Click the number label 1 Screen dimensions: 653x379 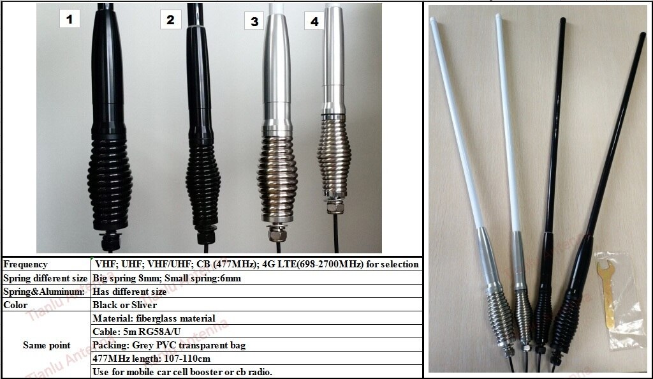pyautogui.click(x=70, y=19)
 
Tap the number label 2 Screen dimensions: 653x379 pyautogui.click(x=170, y=20)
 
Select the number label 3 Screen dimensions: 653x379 pyautogui.click(x=254, y=22)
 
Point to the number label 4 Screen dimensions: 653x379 pyautogui.click(x=314, y=22)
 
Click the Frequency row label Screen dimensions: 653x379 pyautogui.click(x=26, y=264)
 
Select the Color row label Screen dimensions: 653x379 pyautogui.click(x=15, y=305)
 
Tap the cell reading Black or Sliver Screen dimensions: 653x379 pyautogui.click(x=125, y=305)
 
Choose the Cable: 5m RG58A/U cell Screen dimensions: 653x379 pyautogui.click(x=136, y=332)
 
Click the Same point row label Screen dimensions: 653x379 pyautogui.click(x=47, y=345)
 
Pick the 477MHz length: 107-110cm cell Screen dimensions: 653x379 pyautogui.click(x=151, y=359)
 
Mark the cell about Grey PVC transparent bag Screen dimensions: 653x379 pyautogui.click(x=169, y=345)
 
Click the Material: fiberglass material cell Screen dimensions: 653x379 pyautogui.click(x=154, y=318)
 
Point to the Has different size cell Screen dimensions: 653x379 pyautogui.click(x=129, y=292)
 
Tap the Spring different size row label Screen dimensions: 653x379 pyautogui.click(x=45, y=278)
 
